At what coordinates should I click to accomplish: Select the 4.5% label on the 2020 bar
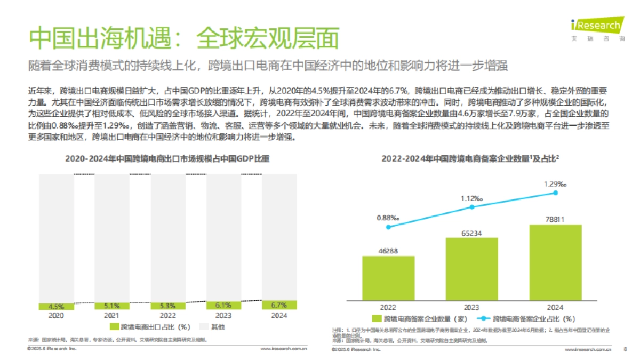tap(56, 307)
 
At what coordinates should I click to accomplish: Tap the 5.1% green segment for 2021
tap(112, 306)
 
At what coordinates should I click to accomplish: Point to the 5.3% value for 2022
tap(168, 306)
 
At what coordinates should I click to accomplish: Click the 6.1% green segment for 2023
tap(223, 306)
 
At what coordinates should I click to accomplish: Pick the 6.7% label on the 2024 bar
tap(279, 305)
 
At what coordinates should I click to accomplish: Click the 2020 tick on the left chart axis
tap(56, 315)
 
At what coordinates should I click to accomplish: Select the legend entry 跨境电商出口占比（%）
tap(150, 326)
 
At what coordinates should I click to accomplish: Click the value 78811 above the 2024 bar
tap(555, 218)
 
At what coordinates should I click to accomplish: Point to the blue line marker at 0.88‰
tap(388, 227)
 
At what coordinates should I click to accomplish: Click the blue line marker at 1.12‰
tap(472, 207)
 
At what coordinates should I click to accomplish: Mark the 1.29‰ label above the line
tap(555, 184)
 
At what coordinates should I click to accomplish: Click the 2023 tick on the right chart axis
tap(472, 307)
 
